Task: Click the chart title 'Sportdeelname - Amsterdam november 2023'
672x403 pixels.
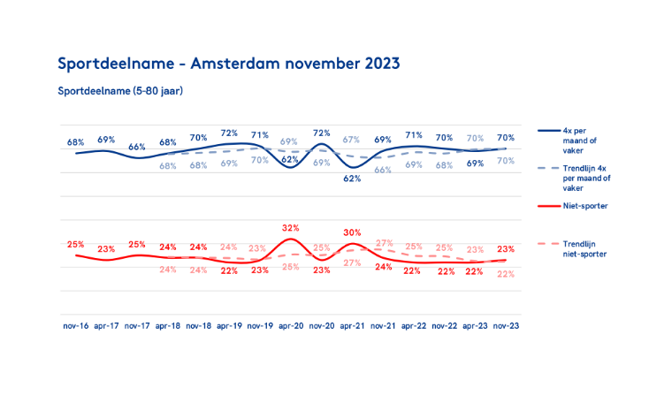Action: (228, 64)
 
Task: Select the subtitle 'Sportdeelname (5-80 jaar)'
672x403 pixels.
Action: (120, 90)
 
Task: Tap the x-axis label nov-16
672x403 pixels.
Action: (75, 325)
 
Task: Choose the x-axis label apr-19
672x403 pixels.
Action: (229, 325)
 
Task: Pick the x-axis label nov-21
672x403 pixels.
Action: (383, 325)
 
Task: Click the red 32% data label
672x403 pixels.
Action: (290, 227)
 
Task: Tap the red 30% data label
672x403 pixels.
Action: (352, 233)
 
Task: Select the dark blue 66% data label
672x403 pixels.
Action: (137, 148)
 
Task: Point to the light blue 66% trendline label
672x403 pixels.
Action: (383, 170)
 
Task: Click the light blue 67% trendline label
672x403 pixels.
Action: (351, 140)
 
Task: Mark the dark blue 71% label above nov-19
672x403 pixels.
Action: (260, 135)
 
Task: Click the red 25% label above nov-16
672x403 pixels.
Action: (75, 244)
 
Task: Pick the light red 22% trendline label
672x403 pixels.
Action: (507, 274)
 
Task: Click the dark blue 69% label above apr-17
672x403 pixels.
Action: (106, 140)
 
